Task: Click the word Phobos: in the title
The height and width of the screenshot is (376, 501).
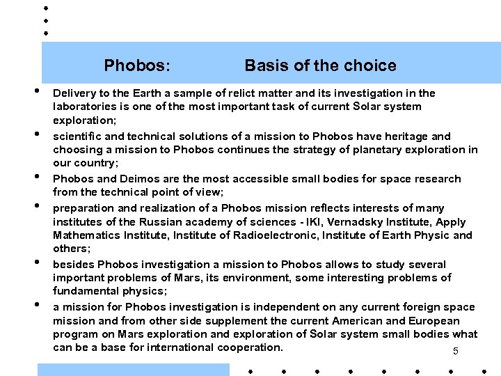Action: [136, 65]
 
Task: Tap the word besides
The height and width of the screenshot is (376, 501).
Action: [74, 265]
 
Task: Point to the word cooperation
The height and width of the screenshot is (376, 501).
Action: [250, 347]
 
